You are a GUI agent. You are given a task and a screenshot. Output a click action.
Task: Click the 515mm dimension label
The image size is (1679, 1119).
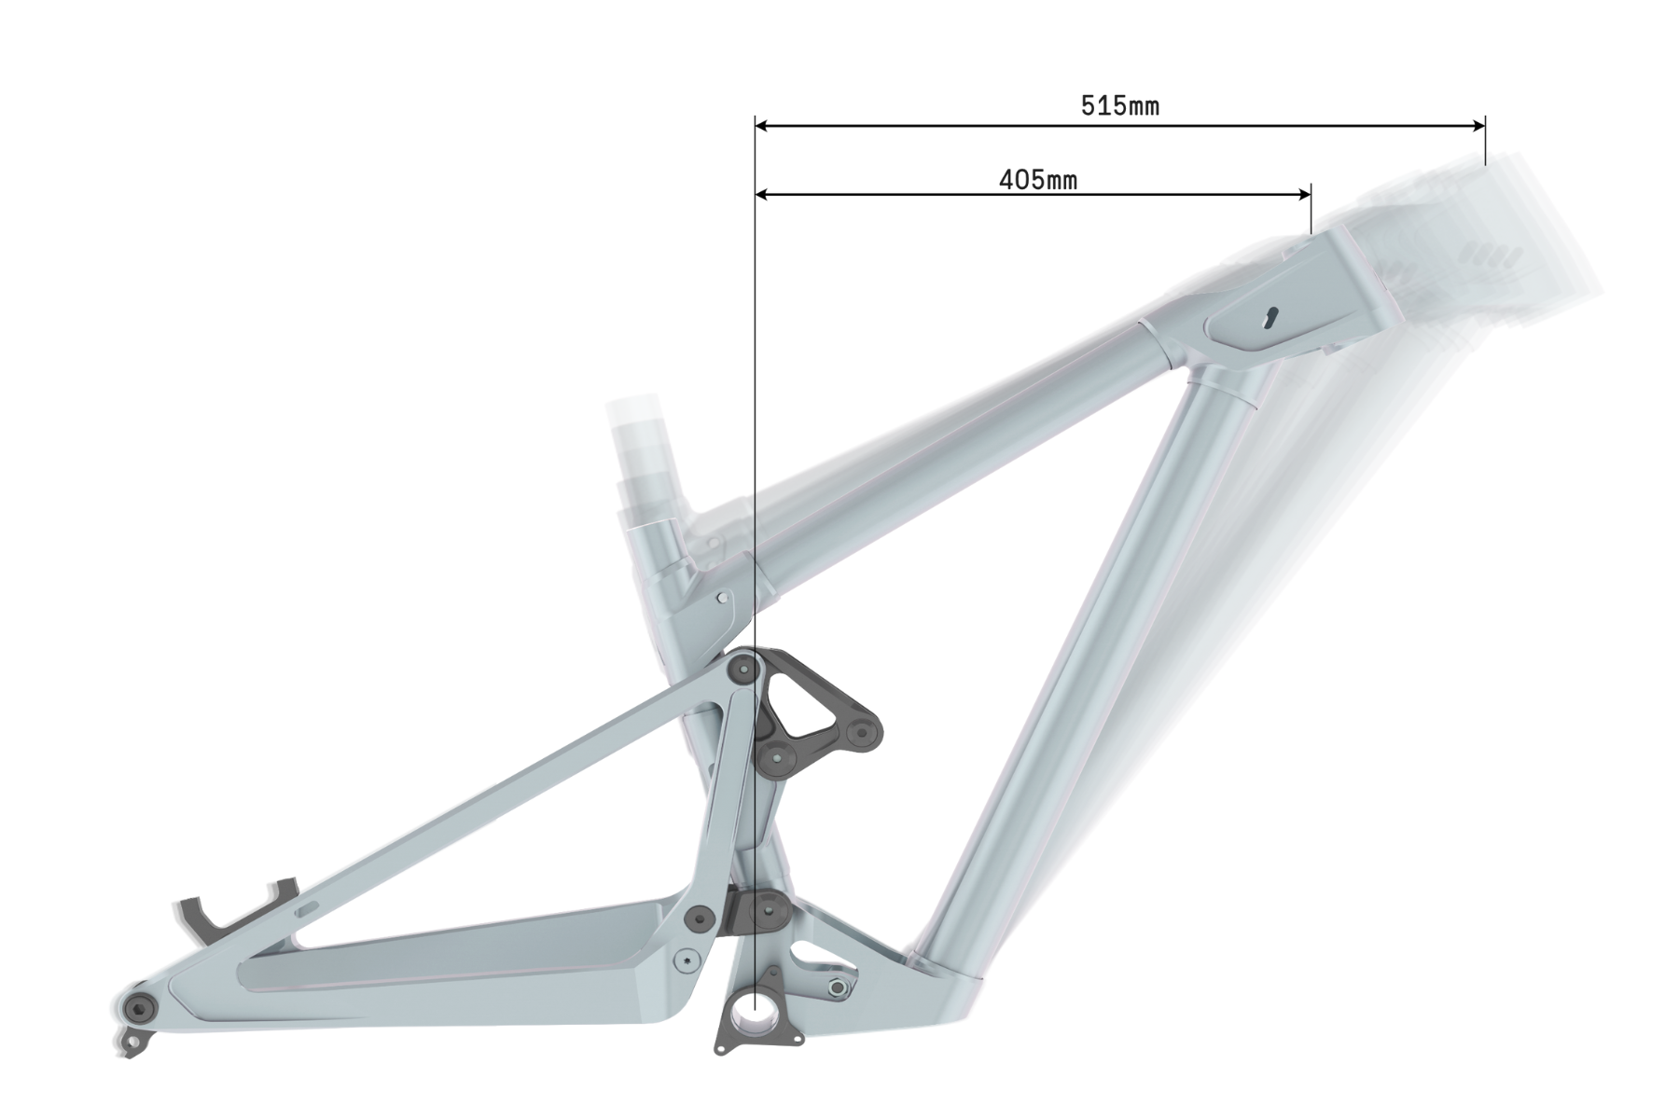click(x=1119, y=105)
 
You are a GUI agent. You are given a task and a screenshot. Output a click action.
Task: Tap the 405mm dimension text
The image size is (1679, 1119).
click(x=1037, y=179)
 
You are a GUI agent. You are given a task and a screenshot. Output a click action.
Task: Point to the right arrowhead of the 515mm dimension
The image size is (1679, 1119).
click(x=1477, y=124)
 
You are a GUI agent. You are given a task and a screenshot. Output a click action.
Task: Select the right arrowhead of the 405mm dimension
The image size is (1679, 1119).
click(x=1303, y=195)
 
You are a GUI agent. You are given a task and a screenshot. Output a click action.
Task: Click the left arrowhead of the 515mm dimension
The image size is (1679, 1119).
click(x=763, y=124)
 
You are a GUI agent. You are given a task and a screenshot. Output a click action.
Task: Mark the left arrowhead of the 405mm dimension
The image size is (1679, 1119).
click(x=763, y=195)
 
